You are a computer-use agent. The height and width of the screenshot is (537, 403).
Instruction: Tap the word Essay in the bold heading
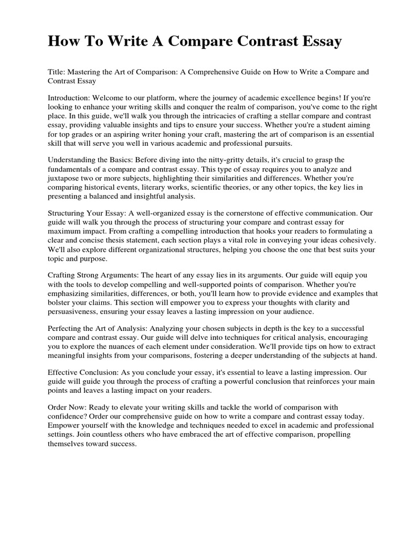click(317, 41)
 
